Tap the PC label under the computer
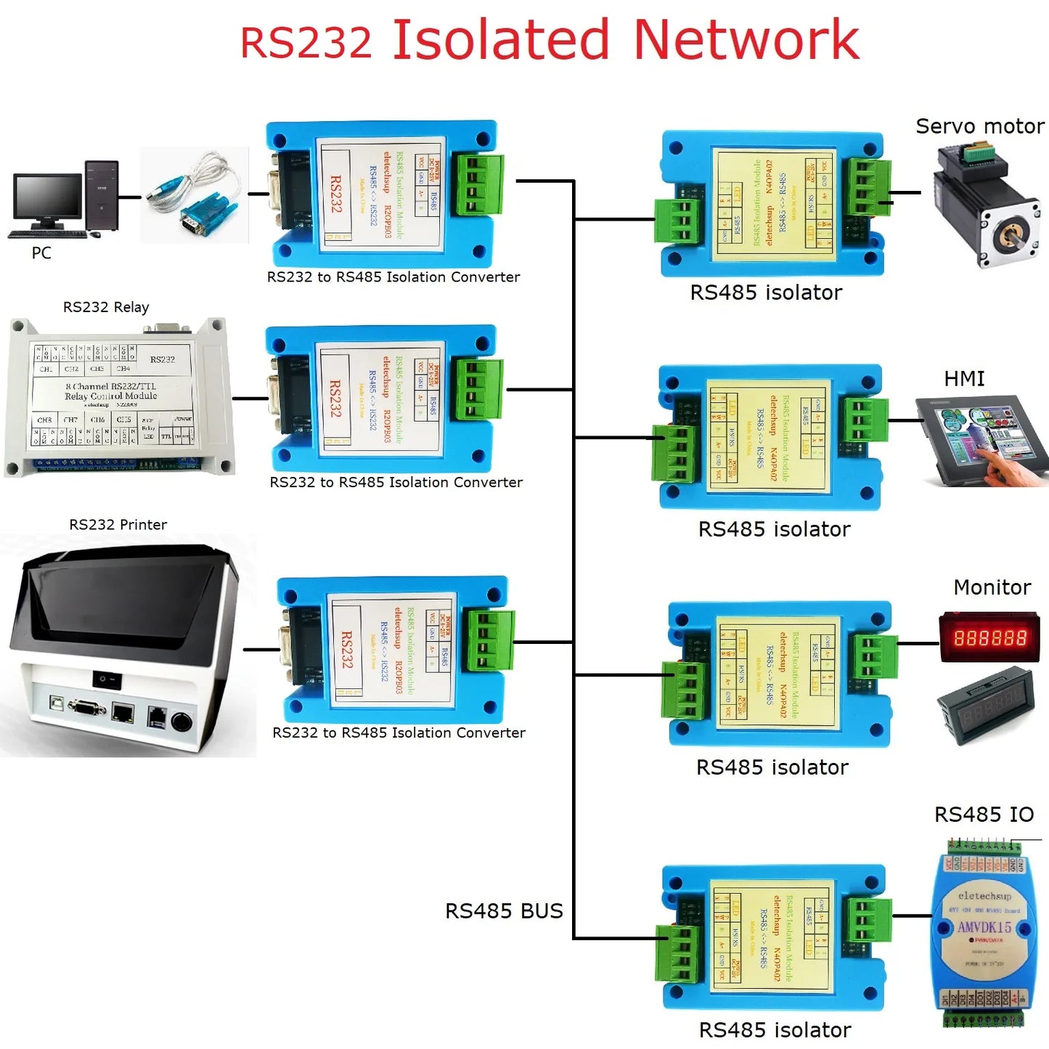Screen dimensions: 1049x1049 tap(41, 253)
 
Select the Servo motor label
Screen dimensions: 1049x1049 tap(979, 126)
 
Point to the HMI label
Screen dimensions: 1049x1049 tap(964, 379)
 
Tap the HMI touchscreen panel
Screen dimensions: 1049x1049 tap(980, 438)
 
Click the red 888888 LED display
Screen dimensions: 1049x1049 tap(990, 637)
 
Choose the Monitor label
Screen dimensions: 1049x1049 tap(992, 587)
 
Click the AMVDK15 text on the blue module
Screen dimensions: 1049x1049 tap(984, 927)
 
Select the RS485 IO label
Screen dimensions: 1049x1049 tap(984, 815)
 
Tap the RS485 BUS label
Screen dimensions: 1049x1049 tap(504, 911)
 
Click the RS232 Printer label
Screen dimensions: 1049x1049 tap(118, 525)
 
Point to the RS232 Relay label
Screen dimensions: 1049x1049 tap(106, 307)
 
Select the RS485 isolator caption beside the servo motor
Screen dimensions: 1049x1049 tap(766, 293)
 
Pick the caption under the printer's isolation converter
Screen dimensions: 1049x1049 tap(399, 733)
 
